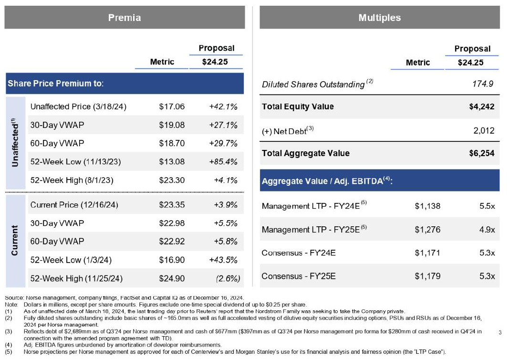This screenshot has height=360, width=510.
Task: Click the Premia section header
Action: (125, 18)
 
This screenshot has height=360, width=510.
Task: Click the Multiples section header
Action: (379, 18)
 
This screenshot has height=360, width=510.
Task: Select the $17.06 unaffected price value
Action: (172, 106)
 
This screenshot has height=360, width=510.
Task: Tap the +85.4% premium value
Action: (223, 161)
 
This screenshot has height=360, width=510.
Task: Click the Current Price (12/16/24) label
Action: (74, 205)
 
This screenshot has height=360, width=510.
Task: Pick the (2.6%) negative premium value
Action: (228, 278)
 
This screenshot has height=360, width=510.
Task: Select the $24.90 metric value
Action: (172, 278)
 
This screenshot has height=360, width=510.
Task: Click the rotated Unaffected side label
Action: (15, 143)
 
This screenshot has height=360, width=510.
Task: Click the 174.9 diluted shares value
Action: (481, 84)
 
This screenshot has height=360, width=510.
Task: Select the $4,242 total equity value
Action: (481, 106)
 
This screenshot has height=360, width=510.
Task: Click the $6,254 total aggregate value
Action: (481, 153)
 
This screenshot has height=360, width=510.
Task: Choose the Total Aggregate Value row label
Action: (305, 153)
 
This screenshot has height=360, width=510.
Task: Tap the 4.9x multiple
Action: (487, 230)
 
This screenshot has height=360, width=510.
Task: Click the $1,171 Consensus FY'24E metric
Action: (427, 253)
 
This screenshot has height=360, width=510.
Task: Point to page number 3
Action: (499, 331)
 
